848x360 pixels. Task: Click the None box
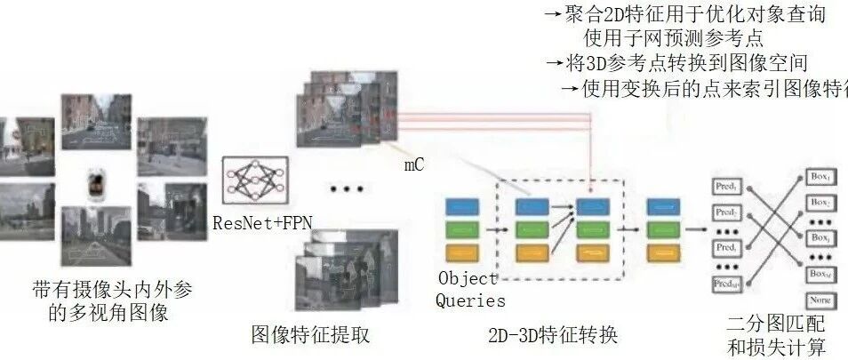tap(820, 300)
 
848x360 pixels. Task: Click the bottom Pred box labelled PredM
tap(728, 283)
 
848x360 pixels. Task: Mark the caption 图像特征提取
tap(310, 335)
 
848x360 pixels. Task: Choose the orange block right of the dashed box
tap(666, 252)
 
